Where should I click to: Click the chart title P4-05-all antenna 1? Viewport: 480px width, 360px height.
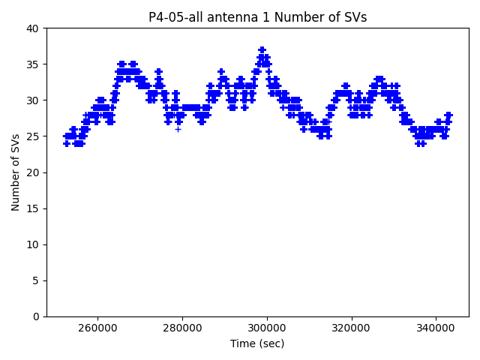257,17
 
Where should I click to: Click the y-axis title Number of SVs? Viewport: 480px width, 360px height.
16,172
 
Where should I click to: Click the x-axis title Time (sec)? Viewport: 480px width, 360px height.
257,343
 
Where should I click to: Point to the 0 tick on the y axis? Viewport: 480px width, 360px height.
37,316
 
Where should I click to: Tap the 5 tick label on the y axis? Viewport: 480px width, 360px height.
37,280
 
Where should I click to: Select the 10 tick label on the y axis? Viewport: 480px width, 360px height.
34,244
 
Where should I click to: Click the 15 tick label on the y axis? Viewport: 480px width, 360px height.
34,208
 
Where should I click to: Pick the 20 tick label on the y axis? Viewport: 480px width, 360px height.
34,172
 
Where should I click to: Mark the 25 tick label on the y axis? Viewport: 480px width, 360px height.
34,136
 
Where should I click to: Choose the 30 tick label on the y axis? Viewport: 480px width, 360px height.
34,100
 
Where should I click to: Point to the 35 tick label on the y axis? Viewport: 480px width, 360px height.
34,64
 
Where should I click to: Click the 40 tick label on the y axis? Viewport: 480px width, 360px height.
34,28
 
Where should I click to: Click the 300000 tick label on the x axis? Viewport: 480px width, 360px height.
267,328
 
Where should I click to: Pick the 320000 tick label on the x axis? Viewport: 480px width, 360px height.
352,328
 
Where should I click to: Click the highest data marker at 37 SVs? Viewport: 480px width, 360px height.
262,50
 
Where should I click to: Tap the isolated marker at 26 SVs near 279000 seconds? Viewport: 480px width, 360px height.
178,129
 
